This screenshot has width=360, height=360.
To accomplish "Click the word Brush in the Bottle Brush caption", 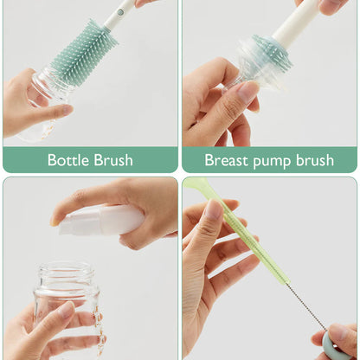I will (x=112, y=160).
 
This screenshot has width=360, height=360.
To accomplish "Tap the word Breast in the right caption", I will (x=227, y=160).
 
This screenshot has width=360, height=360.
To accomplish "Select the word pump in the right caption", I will (x=274, y=161).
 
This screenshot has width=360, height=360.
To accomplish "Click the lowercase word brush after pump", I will (x=314, y=160).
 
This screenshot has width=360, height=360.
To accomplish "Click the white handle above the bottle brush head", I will (x=119, y=12).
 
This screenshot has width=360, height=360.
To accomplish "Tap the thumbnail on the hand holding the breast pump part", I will (x=247, y=91).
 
